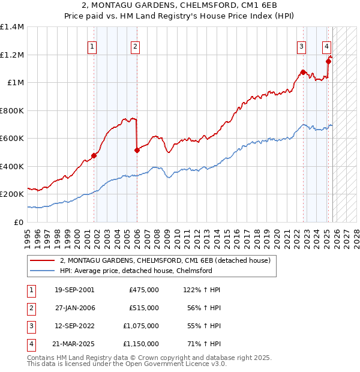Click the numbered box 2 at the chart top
(x=136, y=46)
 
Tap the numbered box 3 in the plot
(x=301, y=46)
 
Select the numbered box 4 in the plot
(x=326, y=46)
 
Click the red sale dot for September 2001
(x=94, y=156)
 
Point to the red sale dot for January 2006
(x=137, y=151)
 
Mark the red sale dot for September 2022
(x=303, y=73)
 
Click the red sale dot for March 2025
(x=328, y=61)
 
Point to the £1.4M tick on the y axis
(x=12, y=27)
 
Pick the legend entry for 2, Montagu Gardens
(x=166, y=260)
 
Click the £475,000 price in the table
(x=143, y=290)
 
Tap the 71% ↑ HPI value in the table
(x=205, y=344)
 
